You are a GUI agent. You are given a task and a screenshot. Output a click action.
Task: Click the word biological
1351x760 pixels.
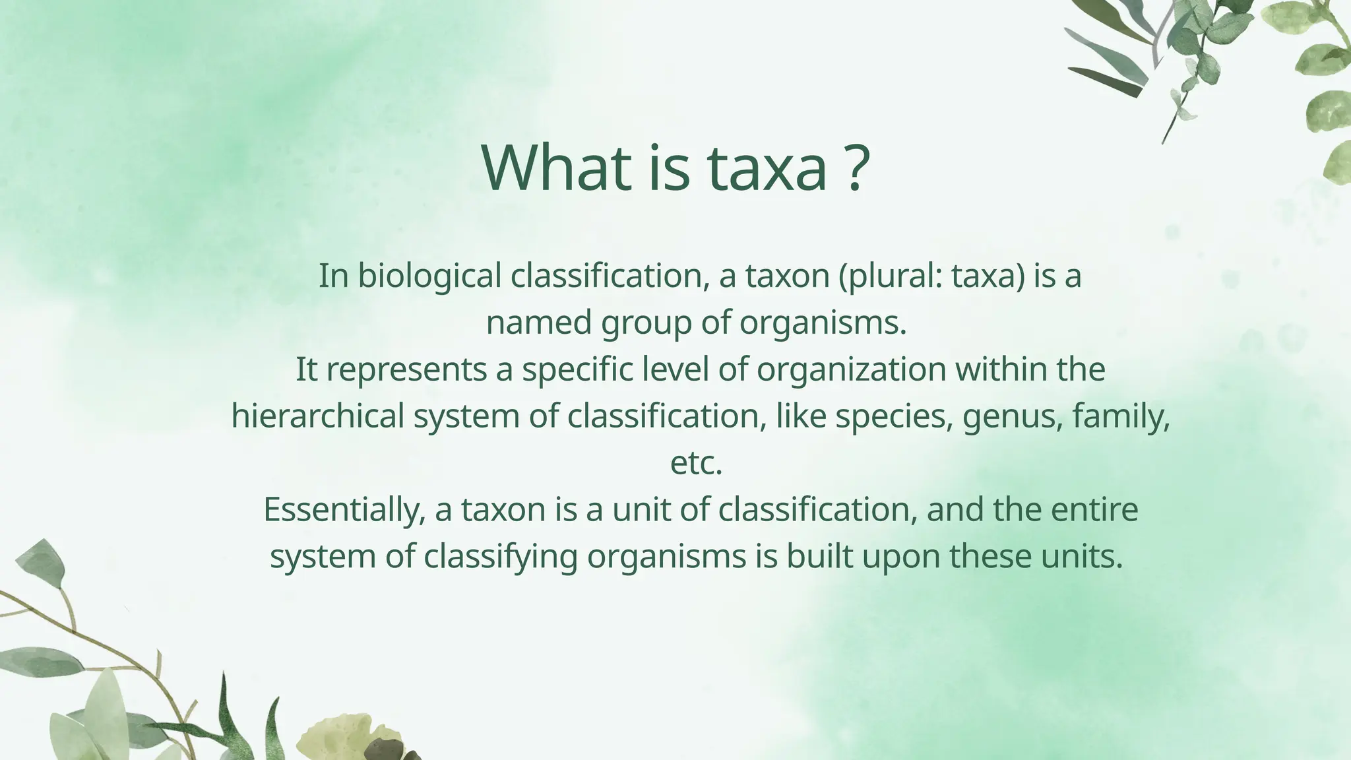click(429, 276)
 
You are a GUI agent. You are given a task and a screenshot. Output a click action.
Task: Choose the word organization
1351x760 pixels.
click(852, 370)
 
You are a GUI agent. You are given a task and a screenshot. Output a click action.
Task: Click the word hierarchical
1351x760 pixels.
click(317, 416)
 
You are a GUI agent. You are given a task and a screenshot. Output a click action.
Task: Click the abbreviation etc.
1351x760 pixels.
click(696, 463)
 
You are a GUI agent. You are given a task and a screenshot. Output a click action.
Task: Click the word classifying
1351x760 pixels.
click(501, 557)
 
